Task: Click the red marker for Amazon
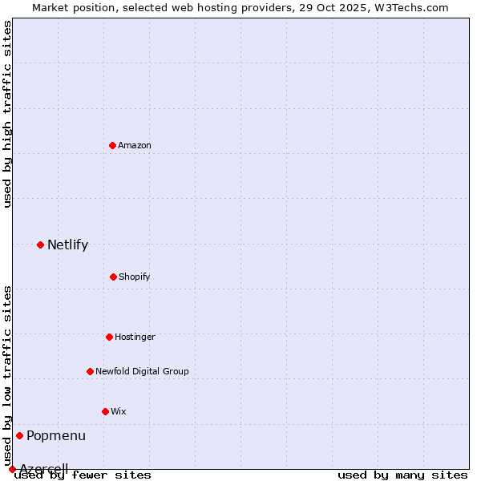(x=112, y=145)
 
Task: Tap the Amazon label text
(x=135, y=146)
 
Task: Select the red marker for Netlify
(x=40, y=245)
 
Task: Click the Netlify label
(x=67, y=245)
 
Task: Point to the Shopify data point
(x=113, y=277)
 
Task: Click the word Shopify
(x=135, y=277)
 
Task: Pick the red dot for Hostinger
(x=109, y=337)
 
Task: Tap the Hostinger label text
(x=135, y=338)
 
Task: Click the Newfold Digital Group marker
(x=90, y=371)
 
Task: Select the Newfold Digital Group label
(x=142, y=372)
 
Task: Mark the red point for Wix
(x=105, y=411)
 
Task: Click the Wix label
(x=119, y=412)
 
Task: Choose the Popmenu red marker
(x=19, y=435)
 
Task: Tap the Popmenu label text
(x=56, y=436)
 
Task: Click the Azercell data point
(x=12, y=469)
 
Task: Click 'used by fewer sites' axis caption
(x=83, y=475)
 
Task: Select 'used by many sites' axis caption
(x=402, y=475)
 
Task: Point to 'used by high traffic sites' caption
(x=7, y=114)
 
